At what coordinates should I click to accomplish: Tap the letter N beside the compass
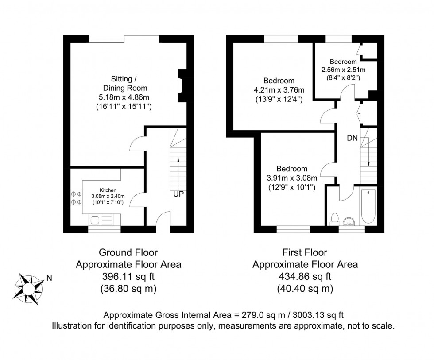coord(49,279)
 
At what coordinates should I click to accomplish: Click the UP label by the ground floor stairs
coord(179,194)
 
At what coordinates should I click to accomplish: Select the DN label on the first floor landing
coord(352,138)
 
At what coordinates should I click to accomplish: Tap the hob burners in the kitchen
coord(76,198)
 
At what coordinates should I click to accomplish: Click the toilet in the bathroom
coord(335,219)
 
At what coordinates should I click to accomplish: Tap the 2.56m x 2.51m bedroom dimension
coord(343,70)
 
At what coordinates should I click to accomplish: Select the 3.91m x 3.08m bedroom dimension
coord(292,178)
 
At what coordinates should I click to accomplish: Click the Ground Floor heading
coord(128,253)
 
